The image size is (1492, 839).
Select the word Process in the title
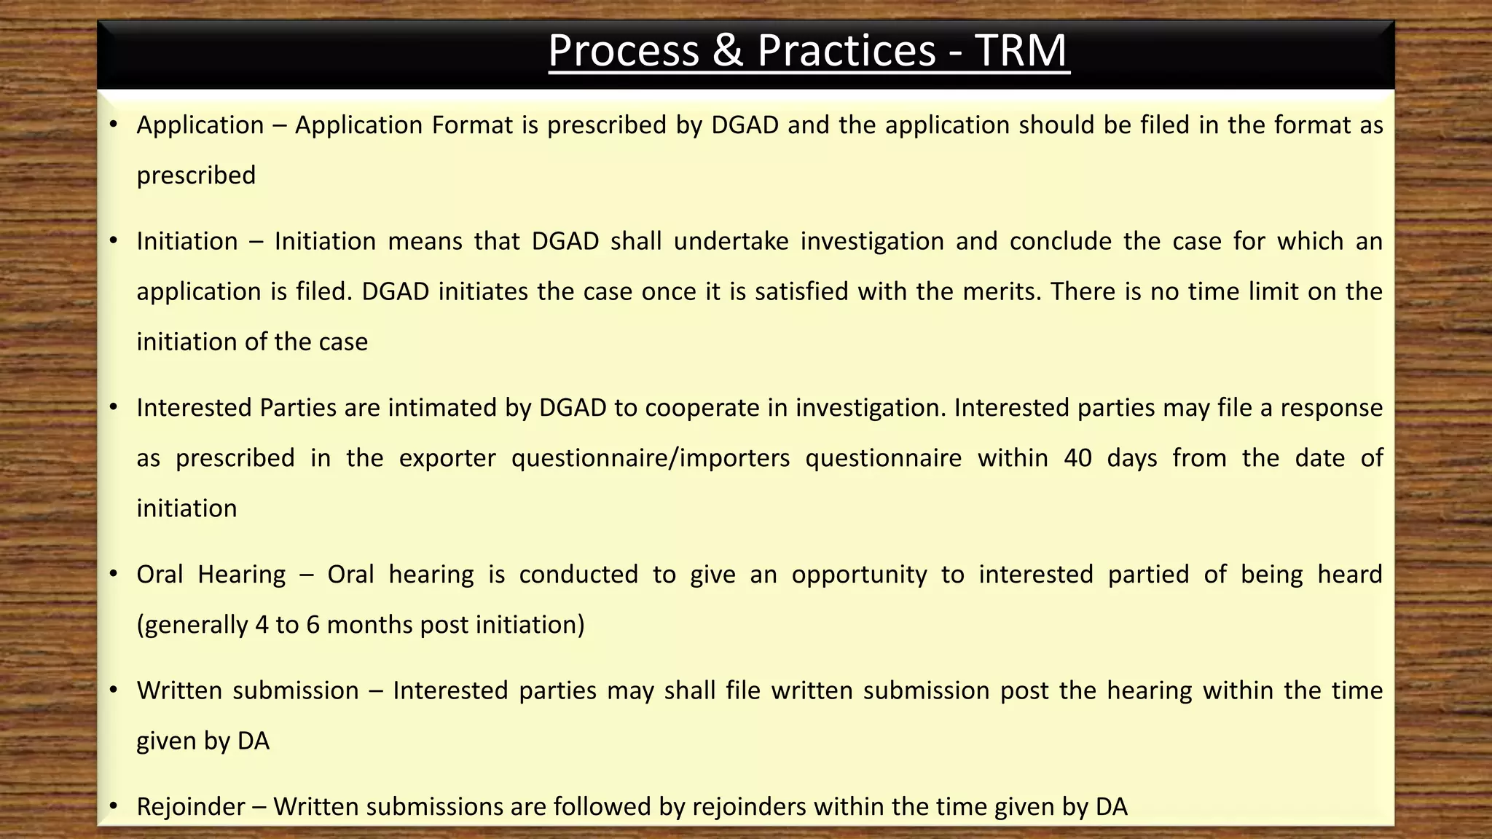coord(624,51)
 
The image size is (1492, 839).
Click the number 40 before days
coord(1077,458)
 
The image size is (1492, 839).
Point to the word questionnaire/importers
coord(650,458)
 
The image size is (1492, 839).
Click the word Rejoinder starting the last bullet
coord(191,807)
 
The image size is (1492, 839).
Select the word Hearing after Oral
coord(241,575)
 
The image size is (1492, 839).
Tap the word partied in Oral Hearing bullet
coord(1148,575)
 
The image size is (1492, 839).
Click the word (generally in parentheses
coord(192,625)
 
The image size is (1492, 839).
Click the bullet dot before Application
coord(113,125)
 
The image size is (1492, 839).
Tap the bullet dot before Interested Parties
coord(113,407)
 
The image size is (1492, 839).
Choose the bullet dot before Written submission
coord(113,690)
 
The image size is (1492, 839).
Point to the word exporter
coord(447,458)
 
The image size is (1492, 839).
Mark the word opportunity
coord(859,575)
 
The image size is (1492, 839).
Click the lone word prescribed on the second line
coord(196,176)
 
